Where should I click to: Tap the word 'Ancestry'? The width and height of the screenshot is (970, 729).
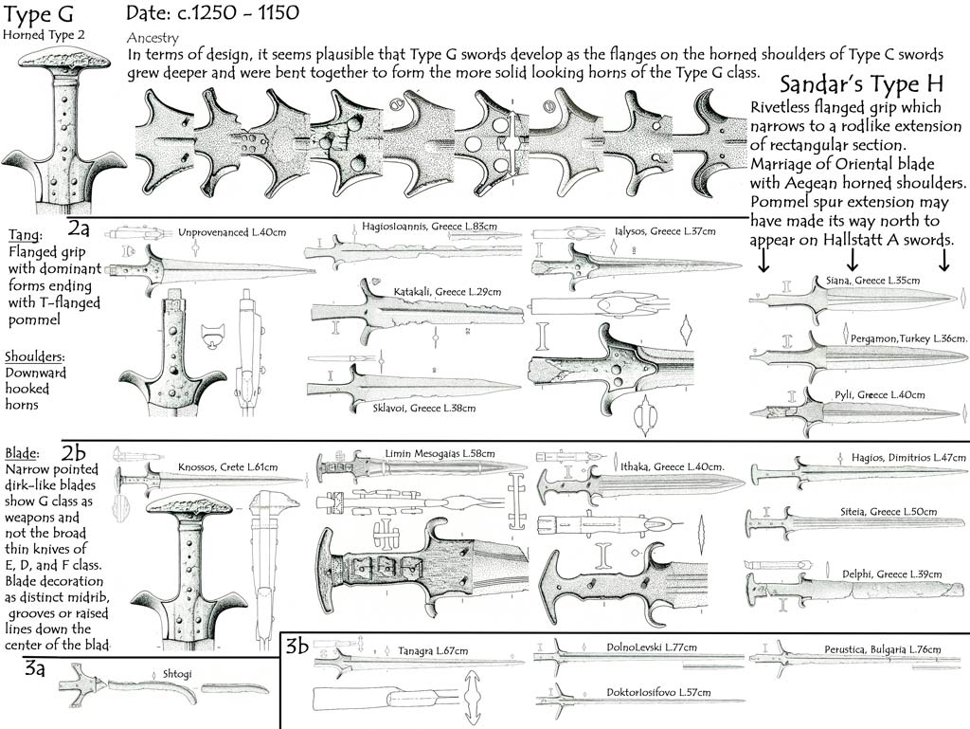[152, 38]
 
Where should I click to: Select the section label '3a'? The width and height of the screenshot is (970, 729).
[37, 669]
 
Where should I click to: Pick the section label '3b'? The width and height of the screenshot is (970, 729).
[296, 647]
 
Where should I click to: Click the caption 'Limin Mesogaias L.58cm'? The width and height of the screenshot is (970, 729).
[440, 454]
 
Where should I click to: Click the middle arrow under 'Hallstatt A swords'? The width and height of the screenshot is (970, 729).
[852, 257]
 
